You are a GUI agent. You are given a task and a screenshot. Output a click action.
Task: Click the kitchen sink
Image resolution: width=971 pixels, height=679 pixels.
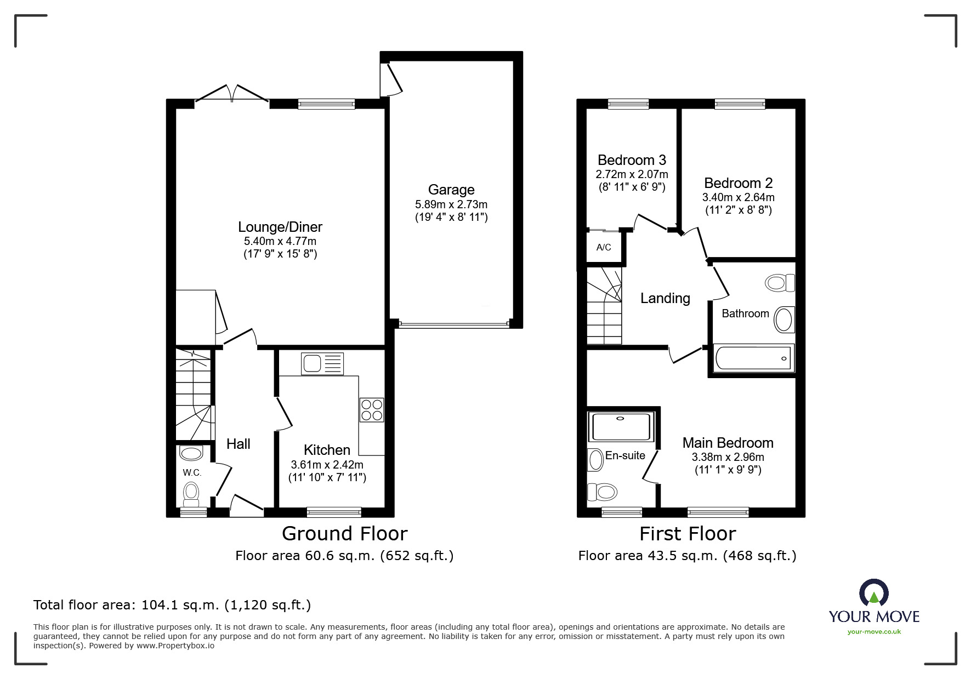pos(322,364)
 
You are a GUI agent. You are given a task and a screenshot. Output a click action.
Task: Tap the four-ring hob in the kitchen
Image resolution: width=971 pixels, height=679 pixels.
pos(372,410)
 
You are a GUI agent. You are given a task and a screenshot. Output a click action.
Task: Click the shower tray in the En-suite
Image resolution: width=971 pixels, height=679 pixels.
pos(622,427)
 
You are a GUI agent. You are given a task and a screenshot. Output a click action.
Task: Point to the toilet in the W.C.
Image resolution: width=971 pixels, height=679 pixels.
pos(191,493)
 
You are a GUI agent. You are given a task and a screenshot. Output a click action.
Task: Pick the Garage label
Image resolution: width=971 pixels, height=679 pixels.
pos(451,190)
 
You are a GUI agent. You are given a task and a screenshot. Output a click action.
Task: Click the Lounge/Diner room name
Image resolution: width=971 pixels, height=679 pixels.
pos(280,227)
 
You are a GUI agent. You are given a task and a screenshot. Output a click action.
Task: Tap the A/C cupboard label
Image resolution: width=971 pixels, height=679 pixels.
pos(604,247)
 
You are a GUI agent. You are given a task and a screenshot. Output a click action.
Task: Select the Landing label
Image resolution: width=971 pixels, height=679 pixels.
pos(665,298)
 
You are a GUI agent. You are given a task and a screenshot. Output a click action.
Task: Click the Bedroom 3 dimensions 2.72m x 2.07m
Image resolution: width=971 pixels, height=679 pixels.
pos(632,174)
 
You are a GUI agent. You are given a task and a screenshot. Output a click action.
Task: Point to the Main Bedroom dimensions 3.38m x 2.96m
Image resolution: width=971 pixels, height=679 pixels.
pos(728,457)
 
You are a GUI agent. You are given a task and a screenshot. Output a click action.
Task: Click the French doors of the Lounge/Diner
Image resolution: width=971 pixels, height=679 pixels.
pos(232,94)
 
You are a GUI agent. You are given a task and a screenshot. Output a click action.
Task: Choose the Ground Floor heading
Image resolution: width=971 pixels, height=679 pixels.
pos(345,533)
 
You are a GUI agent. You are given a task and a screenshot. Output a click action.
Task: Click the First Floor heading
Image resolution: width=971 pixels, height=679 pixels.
pos(688,533)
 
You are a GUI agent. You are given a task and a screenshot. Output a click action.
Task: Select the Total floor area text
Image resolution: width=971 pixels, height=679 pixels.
pos(172,605)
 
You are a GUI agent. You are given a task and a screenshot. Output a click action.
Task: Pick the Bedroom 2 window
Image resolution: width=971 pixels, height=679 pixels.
pos(740,104)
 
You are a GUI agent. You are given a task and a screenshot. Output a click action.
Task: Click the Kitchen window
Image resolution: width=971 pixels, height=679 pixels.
pos(334,512)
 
